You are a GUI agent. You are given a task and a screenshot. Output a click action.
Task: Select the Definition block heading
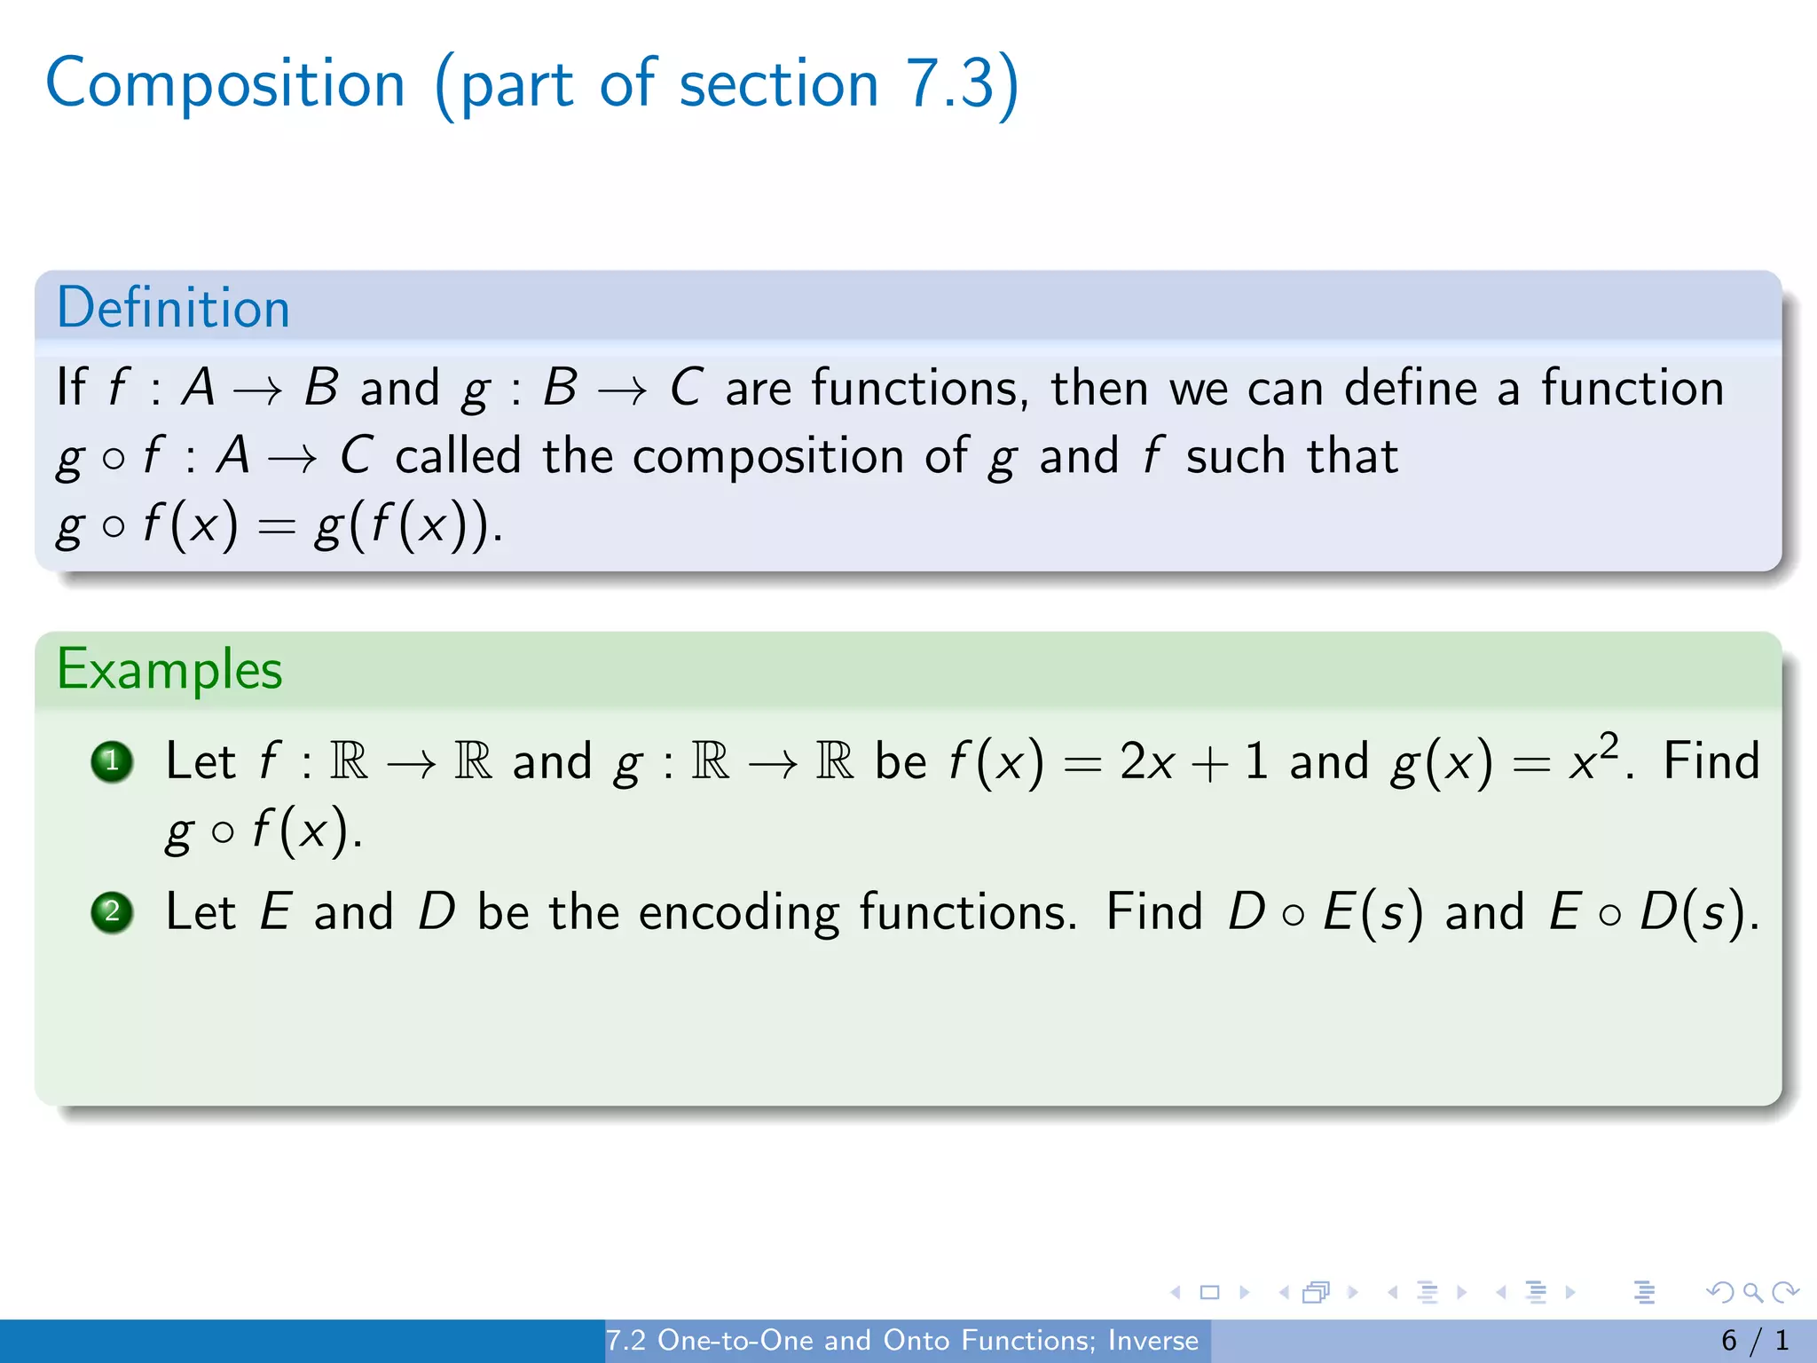173,308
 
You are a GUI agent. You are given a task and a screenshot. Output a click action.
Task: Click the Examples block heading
169,669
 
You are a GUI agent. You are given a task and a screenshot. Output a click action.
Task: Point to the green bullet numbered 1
113,761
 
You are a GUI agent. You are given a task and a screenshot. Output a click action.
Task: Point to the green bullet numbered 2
113,912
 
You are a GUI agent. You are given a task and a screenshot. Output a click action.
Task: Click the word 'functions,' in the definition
919,389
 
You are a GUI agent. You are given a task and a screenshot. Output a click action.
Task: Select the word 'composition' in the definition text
767,457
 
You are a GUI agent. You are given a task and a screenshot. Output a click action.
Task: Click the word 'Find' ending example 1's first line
1711,761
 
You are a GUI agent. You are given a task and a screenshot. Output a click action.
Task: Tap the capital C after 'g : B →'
686,388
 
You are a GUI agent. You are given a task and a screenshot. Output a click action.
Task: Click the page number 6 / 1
1754,1340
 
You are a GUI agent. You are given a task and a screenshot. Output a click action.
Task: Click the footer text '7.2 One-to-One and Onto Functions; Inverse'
901,1340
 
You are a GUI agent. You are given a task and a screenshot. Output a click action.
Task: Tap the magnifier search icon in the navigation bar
1752,1292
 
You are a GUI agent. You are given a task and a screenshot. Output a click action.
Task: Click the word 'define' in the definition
1410,389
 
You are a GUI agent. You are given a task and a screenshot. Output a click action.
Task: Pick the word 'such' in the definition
1235,457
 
